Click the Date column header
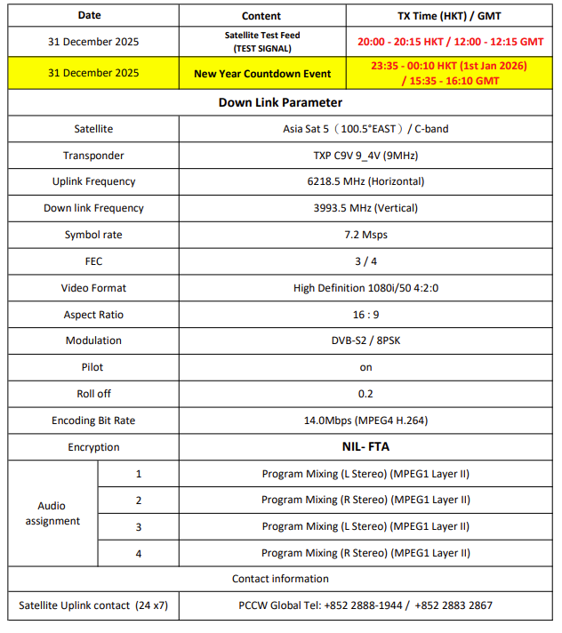pos(90,15)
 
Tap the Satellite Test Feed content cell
pos(262,41)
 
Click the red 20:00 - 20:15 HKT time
pos(450,42)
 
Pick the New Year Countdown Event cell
pos(262,73)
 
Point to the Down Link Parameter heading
pos(280,102)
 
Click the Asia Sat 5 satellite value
pos(365,129)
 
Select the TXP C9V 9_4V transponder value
pos(365,156)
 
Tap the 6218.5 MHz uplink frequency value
pos(365,181)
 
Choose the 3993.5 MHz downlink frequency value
pos(365,208)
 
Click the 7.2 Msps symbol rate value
pos(365,235)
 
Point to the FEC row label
pos(93,261)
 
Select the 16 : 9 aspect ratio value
pos(365,315)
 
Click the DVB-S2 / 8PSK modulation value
pos(365,341)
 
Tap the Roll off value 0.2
pos(365,394)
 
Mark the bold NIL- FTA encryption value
pos(365,447)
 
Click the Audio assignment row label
pos(52,513)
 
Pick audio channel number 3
pos(139,526)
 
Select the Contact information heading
pos(280,579)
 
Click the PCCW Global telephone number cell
pos(365,605)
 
